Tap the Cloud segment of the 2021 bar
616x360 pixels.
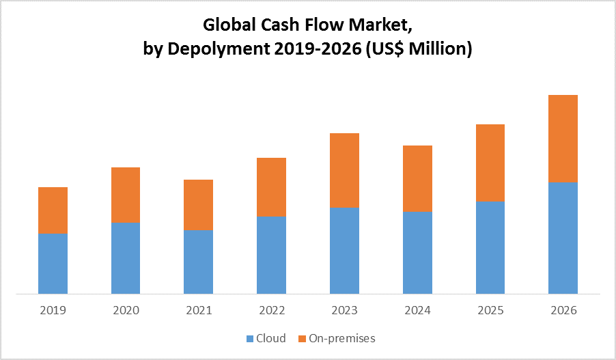(198, 262)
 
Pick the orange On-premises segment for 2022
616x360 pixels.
(271, 187)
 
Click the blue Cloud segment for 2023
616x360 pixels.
(344, 251)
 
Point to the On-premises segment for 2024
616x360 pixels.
(417, 178)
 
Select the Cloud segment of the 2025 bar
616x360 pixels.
(490, 248)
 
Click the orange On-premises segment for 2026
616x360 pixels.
(563, 139)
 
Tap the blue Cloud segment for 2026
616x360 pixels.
(563, 238)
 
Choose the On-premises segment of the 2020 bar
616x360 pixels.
(126, 195)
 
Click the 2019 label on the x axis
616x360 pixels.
(53, 310)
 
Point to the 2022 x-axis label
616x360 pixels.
(271, 310)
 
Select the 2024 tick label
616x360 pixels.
(417, 310)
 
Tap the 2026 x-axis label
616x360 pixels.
(563, 310)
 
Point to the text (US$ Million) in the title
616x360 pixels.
(420, 49)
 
